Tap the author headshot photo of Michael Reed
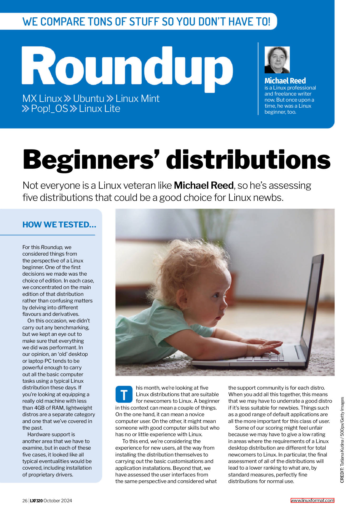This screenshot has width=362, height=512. click(277, 60)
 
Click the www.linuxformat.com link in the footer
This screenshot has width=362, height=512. click(312, 500)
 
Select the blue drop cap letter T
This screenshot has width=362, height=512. click(124, 394)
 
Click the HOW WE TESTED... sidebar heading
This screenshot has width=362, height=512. click(59, 225)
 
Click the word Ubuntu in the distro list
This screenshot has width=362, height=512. click(89, 98)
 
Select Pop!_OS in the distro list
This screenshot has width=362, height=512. click(49, 108)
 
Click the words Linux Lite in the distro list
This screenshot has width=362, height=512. click(100, 108)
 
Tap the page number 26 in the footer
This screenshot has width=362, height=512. click(25, 501)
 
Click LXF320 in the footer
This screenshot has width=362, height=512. click(36, 501)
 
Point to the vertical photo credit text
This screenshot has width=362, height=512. click(342, 440)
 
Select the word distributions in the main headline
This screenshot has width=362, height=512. click(248, 160)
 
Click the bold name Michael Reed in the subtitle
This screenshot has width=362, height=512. click(204, 186)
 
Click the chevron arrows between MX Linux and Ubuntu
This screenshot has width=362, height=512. click(67, 98)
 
